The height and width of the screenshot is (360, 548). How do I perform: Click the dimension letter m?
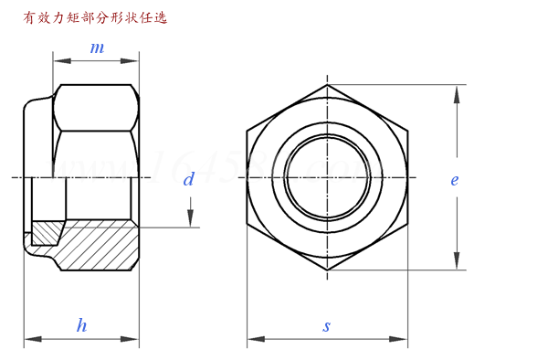[96, 47]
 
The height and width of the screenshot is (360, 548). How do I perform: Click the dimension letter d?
[189, 180]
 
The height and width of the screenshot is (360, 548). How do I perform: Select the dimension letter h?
[81, 325]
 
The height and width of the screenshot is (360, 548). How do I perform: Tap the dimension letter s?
[327, 326]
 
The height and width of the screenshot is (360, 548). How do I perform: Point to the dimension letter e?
[454, 180]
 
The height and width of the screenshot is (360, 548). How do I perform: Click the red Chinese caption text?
[89, 16]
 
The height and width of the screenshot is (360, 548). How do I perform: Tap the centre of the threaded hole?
[327, 176]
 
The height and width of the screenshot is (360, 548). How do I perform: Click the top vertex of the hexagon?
[327, 85]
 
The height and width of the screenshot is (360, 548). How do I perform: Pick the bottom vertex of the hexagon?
[327, 270]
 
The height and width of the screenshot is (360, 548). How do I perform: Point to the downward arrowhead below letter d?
[190, 220]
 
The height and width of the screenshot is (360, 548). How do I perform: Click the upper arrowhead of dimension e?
[455, 90]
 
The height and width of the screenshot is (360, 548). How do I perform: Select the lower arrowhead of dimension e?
[455, 264]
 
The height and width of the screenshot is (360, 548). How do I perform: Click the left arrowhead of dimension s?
[253, 339]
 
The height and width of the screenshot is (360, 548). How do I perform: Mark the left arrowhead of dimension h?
[29, 339]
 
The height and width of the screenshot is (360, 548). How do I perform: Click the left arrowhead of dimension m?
[59, 61]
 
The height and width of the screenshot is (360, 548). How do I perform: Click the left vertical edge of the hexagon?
[248, 177]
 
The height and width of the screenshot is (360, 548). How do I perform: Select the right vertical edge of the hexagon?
[406, 177]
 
